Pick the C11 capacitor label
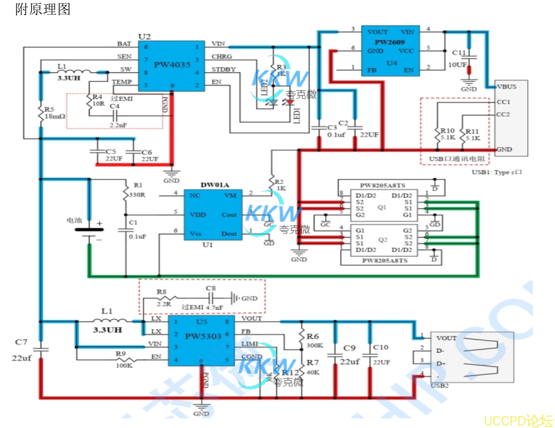pyautogui.click(x=459, y=53)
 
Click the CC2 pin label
pyautogui.click(x=503, y=114)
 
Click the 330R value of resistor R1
pyautogui.click(x=137, y=195)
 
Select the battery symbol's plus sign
pyautogui.click(x=99, y=223)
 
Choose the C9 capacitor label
pyautogui.click(x=349, y=348)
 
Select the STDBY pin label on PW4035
pyautogui.click(x=223, y=69)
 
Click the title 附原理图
pyautogui.click(x=43, y=9)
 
